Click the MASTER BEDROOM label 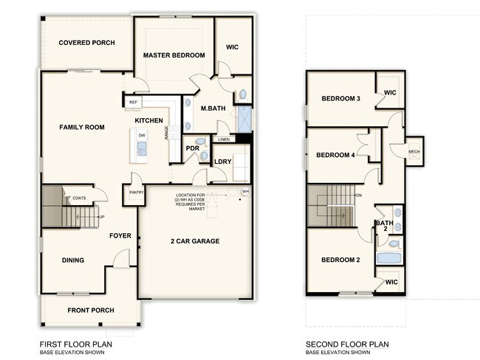(x=173, y=55)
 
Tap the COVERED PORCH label (x=86, y=43)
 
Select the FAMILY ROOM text (x=82, y=127)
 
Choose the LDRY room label (x=223, y=162)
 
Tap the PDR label (x=193, y=148)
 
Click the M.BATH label (x=214, y=108)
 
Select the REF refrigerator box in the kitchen (x=133, y=103)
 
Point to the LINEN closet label (x=223, y=139)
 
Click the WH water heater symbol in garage (x=244, y=191)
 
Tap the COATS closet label (x=79, y=198)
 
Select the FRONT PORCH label (x=91, y=310)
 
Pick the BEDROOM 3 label (x=340, y=99)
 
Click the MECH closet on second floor (x=414, y=152)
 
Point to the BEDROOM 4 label (x=336, y=155)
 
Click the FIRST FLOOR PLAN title (x=75, y=344)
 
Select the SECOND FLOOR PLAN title (x=347, y=344)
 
